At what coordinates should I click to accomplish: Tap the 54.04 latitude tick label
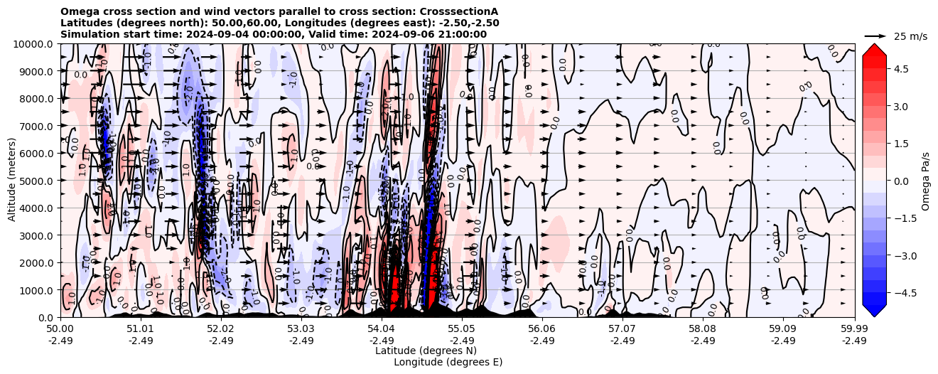tap(381, 329)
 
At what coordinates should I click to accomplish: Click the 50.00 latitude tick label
tap(60, 329)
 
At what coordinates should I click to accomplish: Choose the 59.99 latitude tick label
tap(854, 329)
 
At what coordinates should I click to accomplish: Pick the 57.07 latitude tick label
tap(622, 329)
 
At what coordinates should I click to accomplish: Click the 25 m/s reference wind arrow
tap(875, 36)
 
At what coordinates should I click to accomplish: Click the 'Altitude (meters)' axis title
tap(12, 181)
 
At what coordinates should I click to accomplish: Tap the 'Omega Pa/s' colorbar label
tap(925, 181)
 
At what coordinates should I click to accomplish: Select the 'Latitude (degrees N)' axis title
tap(426, 351)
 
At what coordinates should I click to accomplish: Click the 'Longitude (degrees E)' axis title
tap(448, 362)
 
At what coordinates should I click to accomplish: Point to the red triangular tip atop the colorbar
tap(874, 50)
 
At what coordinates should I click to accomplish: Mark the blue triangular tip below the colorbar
tap(874, 311)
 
